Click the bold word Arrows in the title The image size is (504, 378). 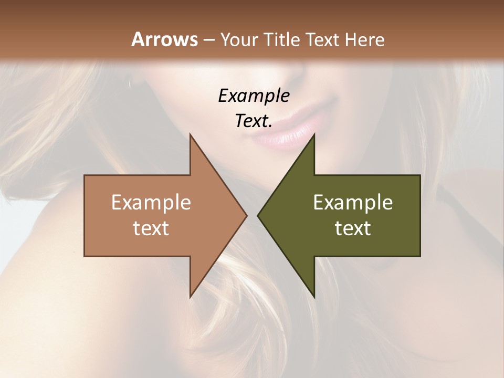(164, 39)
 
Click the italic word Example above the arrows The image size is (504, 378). (254, 96)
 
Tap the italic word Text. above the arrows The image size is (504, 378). (254, 121)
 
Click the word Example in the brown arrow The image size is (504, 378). (151, 203)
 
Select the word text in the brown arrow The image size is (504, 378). (151, 228)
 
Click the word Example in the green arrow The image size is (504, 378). (353, 203)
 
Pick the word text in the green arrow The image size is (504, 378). (353, 228)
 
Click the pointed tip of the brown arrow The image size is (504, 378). (246, 215)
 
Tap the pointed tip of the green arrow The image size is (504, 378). (258, 215)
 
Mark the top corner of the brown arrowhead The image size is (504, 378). (191, 134)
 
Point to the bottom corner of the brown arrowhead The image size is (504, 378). (191, 297)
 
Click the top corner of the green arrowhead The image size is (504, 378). (314, 134)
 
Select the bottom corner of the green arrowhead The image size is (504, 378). (314, 297)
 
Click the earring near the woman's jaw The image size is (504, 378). (129, 81)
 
